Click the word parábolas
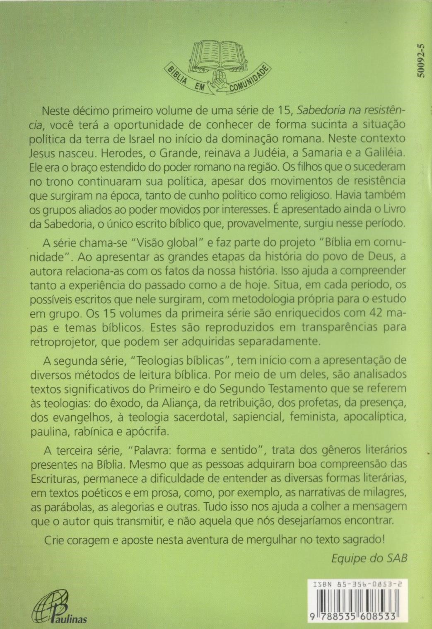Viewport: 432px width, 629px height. coord(68,506)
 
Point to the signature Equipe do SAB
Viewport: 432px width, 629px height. coord(369,558)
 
